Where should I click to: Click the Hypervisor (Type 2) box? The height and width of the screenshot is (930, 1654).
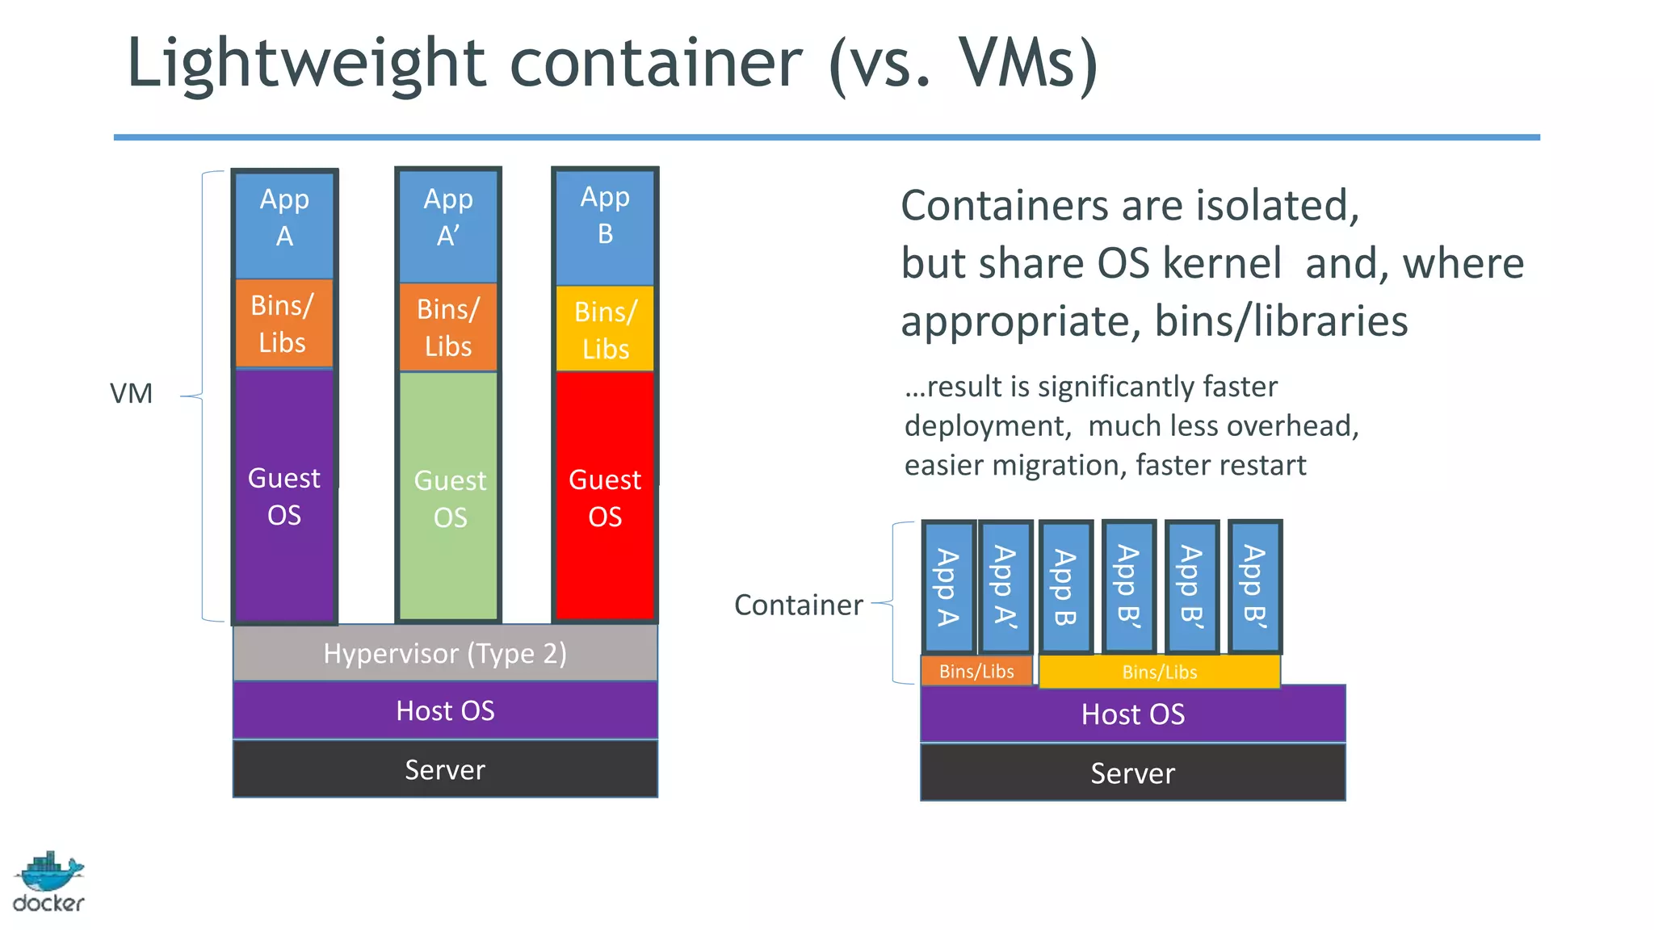(445, 653)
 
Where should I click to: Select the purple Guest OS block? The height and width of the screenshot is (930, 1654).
(284, 496)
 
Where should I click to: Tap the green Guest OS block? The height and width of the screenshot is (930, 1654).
(449, 497)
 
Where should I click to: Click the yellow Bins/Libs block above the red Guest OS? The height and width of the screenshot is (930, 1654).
(605, 329)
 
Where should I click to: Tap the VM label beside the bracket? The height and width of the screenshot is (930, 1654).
(131, 394)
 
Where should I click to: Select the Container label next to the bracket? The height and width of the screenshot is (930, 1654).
(798, 605)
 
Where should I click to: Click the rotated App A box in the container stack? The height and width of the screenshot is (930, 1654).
(948, 587)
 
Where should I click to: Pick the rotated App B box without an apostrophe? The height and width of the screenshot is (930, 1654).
(1066, 587)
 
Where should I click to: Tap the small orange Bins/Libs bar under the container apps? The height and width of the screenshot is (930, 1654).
(976, 671)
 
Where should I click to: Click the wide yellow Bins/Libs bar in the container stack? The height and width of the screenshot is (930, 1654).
(1159, 672)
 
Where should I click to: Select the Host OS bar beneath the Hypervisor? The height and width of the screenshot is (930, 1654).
(445, 710)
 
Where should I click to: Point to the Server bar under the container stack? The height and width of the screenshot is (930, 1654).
(1132, 773)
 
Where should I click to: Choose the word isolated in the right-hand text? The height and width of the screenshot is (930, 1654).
(1277, 205)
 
